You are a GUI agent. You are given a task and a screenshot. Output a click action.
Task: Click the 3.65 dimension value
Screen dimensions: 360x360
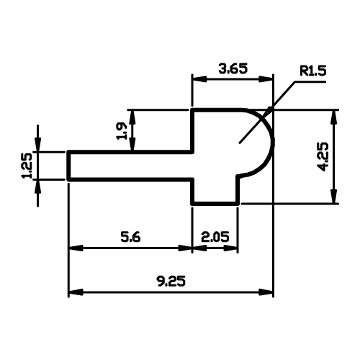233,68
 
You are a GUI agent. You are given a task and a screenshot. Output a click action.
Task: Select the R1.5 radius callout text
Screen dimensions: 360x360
313,71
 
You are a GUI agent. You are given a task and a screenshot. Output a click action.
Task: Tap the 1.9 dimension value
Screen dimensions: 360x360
121,131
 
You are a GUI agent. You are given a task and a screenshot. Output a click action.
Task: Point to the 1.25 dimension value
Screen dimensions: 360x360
27,166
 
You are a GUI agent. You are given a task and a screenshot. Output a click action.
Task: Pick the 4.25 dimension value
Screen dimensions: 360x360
323,157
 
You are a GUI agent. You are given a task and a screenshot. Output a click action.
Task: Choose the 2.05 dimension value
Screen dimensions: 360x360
215,237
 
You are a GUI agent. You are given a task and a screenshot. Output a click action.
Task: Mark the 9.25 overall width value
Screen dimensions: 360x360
171,281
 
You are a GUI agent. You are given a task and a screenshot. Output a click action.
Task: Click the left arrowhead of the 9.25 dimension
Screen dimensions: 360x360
76,292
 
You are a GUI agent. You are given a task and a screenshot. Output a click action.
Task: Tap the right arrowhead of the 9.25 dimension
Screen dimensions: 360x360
266,292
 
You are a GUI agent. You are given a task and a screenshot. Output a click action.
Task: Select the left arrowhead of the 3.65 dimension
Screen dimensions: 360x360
199,79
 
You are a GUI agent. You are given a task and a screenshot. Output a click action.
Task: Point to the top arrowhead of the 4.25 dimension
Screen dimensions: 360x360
333,117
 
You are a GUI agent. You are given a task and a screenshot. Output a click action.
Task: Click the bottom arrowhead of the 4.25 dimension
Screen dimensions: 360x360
333,197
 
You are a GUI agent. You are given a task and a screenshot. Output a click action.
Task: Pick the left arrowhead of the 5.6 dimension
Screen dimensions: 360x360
76,248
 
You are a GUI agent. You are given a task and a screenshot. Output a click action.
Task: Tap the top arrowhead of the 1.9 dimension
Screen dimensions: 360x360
132,117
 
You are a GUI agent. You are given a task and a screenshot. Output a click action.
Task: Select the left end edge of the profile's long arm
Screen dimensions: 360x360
68,166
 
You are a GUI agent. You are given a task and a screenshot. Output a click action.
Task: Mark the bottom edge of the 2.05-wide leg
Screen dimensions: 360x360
215,204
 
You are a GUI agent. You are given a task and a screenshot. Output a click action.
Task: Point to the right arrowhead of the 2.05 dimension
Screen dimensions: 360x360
231,248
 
